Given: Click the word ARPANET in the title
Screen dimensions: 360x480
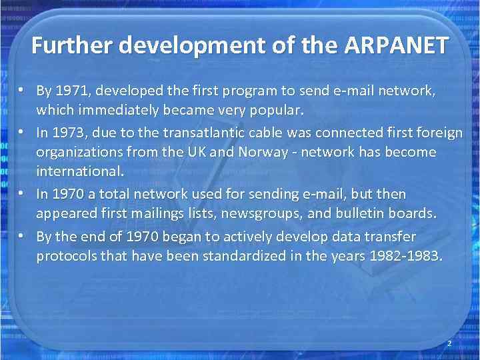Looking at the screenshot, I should (397, 46).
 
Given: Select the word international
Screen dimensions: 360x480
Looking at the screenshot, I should (80, 171).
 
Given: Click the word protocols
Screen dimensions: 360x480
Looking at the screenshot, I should (65, 256).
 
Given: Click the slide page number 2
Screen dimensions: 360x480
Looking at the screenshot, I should (449, 343).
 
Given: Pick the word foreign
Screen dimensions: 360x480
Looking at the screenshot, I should (437, 133).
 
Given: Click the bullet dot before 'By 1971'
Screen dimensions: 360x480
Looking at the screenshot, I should (22, 90).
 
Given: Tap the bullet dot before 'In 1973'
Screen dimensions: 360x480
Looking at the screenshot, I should (22, 133).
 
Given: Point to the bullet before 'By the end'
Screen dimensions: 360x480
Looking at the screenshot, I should (22, 237).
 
